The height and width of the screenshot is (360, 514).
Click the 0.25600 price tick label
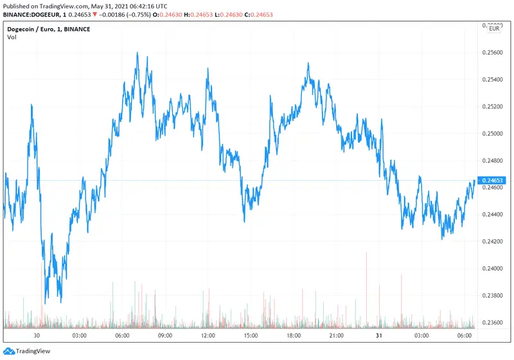click(x=493, y=53)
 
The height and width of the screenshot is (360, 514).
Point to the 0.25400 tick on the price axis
click(x=493, y=80)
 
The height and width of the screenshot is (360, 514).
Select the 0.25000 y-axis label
click(x=493, y=134)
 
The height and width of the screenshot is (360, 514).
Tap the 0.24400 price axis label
click(x=493, y=214)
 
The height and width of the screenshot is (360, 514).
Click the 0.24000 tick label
click(x=493, y=268)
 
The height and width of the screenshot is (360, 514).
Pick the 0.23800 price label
click(x=493, y=295)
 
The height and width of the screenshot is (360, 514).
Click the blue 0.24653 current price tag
click(x=493, y=181)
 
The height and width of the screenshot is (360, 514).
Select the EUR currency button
click(x=495, y=28)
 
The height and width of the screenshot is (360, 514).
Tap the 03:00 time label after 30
click(x=80, y=336)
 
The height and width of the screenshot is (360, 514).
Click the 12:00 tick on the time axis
click(x=208, y=336)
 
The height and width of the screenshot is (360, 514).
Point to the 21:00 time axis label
click(x=336, y=336)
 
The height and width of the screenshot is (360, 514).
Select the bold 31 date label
click(x=378, y=336)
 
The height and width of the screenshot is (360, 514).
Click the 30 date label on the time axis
click(x=37, y=336)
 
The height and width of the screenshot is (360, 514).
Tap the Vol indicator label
click(x=12, y=37)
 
